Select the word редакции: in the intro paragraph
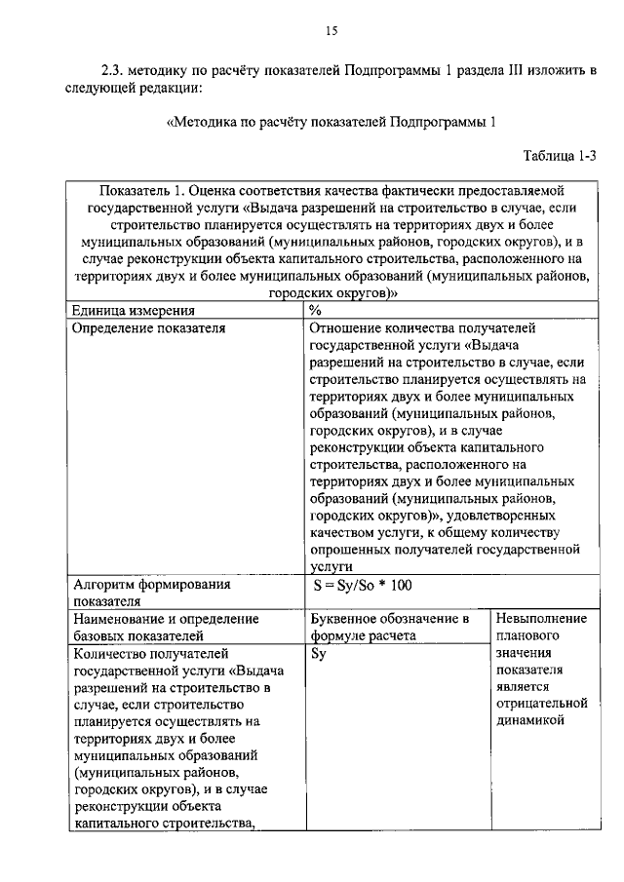point(172,89)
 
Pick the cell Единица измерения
point(133,310)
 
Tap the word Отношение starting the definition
point(349,328)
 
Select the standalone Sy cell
point(318,655)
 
